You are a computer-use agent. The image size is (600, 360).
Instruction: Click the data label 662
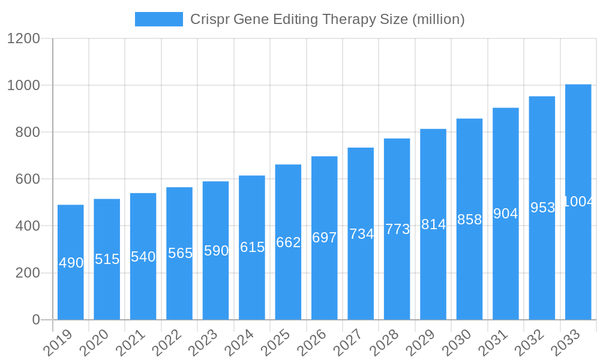[288, 242]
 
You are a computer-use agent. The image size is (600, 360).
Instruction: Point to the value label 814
[433, 224]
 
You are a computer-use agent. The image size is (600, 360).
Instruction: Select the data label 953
[542, 208]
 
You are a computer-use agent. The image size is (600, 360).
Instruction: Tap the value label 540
[143, 257]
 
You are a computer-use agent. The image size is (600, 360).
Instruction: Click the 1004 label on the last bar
[578, 202]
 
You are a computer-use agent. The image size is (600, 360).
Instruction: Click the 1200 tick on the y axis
[23, 39]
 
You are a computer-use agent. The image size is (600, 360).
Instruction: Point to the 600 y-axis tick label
[28, 179]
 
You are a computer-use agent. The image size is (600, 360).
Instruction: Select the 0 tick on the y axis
[36, 320]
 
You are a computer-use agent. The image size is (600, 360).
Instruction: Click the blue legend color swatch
[159, 19]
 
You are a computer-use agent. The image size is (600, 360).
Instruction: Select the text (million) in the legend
[438, 20]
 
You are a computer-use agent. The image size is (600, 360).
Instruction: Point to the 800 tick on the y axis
[28, 133]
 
